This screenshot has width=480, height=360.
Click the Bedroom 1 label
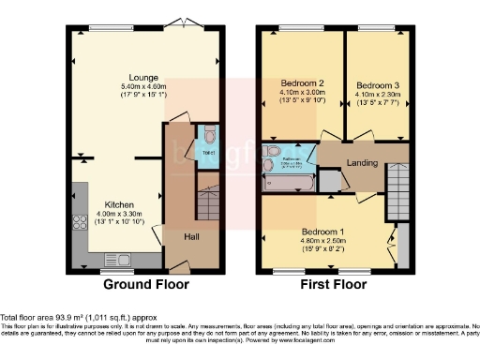pos(322,232)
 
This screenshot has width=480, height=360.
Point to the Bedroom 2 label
pos(302,82)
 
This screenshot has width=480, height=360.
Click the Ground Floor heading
pos(145,284)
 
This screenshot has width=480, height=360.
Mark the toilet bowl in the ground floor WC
pos(208,132)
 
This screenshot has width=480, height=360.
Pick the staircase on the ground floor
pos(205,202)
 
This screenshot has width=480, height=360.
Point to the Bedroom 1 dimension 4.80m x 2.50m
pos(322,240)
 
